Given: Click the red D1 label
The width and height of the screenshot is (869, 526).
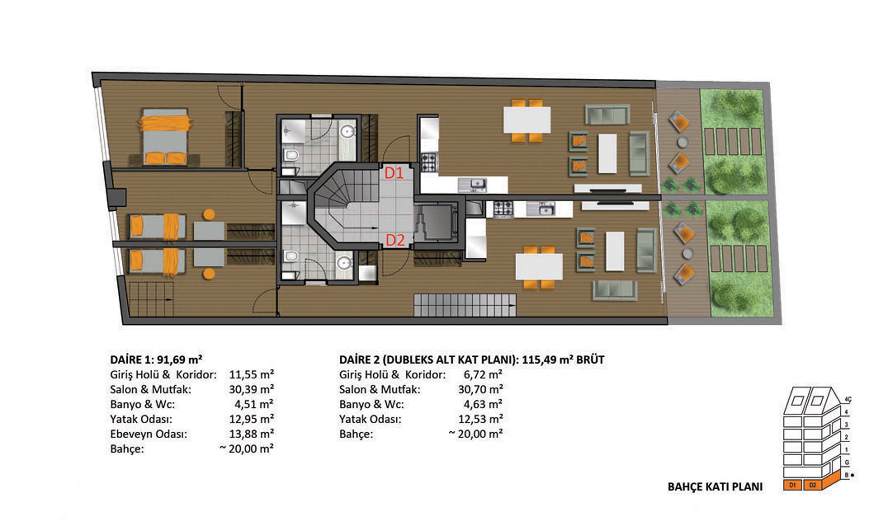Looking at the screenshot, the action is coord(394,173).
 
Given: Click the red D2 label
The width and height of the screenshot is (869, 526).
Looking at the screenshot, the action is coord(395,240).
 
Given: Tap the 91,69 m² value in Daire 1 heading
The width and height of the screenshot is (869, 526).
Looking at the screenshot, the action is coord(179,360).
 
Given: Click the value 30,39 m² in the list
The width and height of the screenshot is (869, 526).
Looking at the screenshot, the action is coord(252,389).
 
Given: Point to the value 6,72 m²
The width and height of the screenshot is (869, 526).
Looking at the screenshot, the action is coord(483,375).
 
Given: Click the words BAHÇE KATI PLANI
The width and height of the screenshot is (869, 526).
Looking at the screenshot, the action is coord(715,487).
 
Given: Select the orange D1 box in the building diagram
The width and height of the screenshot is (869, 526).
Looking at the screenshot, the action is coord(793,485).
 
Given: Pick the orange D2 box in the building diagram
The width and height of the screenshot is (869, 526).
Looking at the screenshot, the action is coord(813,485).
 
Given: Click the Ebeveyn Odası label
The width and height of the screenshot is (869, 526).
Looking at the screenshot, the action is coord(149,434).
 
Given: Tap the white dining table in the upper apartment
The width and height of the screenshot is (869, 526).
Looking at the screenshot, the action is coord(527,120).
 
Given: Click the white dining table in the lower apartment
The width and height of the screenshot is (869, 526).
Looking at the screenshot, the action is coord(539,266).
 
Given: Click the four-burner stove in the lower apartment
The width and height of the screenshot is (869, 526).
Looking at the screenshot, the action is coord(503,209).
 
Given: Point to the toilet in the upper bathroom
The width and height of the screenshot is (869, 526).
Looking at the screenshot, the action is coord(290,155).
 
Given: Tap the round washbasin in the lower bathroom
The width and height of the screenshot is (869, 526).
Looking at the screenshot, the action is coord(345,263).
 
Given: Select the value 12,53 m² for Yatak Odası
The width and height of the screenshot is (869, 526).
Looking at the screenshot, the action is coord(481,419).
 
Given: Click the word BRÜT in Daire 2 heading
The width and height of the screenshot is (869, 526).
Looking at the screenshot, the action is coord(590,360).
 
